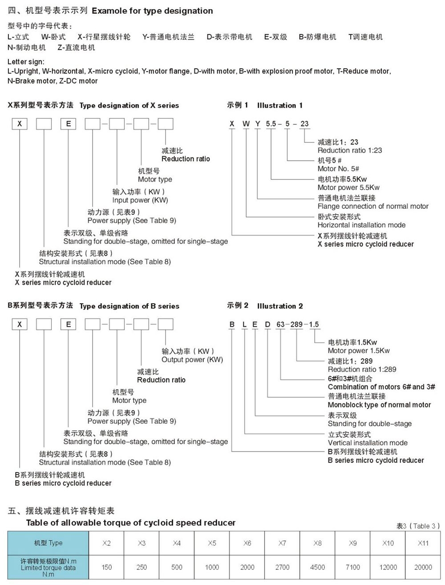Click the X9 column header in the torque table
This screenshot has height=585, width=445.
coord(352,543)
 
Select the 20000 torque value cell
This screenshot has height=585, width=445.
coord(423,567)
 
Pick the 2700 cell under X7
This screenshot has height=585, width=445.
coord(282,567)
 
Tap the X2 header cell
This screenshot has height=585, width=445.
coord(106,543)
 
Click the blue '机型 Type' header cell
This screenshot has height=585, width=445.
coord(48,543)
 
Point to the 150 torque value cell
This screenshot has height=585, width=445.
coord(106,567)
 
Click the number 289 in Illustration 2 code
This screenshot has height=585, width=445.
coord(296,325)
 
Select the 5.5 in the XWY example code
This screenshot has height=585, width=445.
coord(271,124)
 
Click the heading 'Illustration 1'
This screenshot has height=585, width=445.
coord(279,106)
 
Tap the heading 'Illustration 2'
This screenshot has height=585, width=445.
coord(280,306)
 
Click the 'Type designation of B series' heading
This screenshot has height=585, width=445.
coord(129,306)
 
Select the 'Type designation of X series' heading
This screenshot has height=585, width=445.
coord(129,106)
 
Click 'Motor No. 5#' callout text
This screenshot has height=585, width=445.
coord(338,169)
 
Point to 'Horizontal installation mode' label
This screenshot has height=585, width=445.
coord(361,225)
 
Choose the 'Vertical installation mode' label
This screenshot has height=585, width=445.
coord(368,443)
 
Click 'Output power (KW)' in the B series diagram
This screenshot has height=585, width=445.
coord(192,360)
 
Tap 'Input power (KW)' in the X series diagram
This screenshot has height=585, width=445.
coord(140,200)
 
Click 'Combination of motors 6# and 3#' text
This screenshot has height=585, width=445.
coord(381,387)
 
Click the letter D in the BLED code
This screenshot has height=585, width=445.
coord(267,325)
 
